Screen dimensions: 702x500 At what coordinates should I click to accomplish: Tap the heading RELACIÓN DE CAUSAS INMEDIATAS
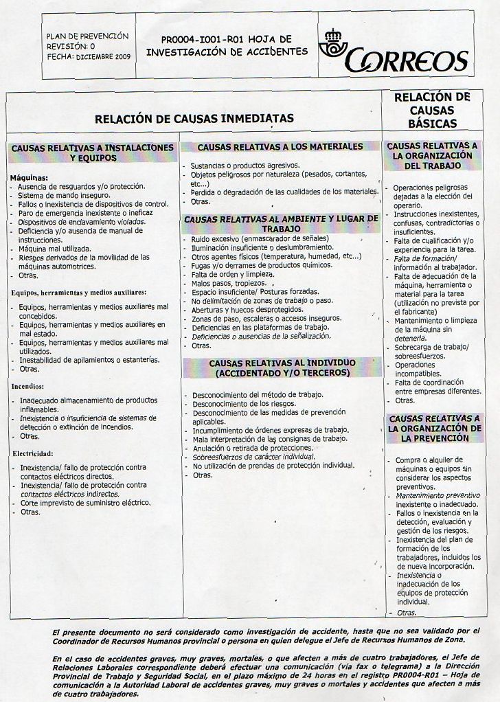[x=194, y=118]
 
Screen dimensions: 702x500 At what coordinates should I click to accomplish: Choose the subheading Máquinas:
[x=29, y=178]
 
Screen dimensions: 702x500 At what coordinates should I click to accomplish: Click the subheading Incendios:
[x=27, y=387]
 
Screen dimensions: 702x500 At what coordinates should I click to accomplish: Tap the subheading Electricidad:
[x=32, y=453]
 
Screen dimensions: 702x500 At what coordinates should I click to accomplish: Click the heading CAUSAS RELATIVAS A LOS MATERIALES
[x=280, y=147]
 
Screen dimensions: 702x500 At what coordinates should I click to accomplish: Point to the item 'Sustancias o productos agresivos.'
[x=245, y=166]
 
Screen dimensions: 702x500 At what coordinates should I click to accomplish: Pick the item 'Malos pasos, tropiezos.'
[x=230, y=283]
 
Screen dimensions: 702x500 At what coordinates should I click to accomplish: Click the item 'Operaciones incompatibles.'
[x=418, y=370]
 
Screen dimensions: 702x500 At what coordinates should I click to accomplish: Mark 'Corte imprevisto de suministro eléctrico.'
[x=85, y=503]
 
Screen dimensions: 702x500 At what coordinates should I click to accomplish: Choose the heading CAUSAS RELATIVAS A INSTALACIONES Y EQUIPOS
[x=93, y=152]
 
